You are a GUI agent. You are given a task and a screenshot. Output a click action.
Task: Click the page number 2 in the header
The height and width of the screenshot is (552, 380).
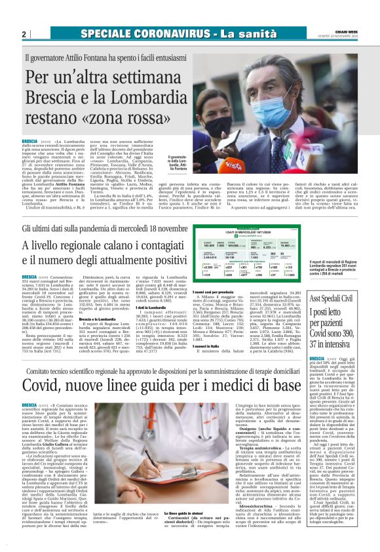(x=24, y=33)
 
